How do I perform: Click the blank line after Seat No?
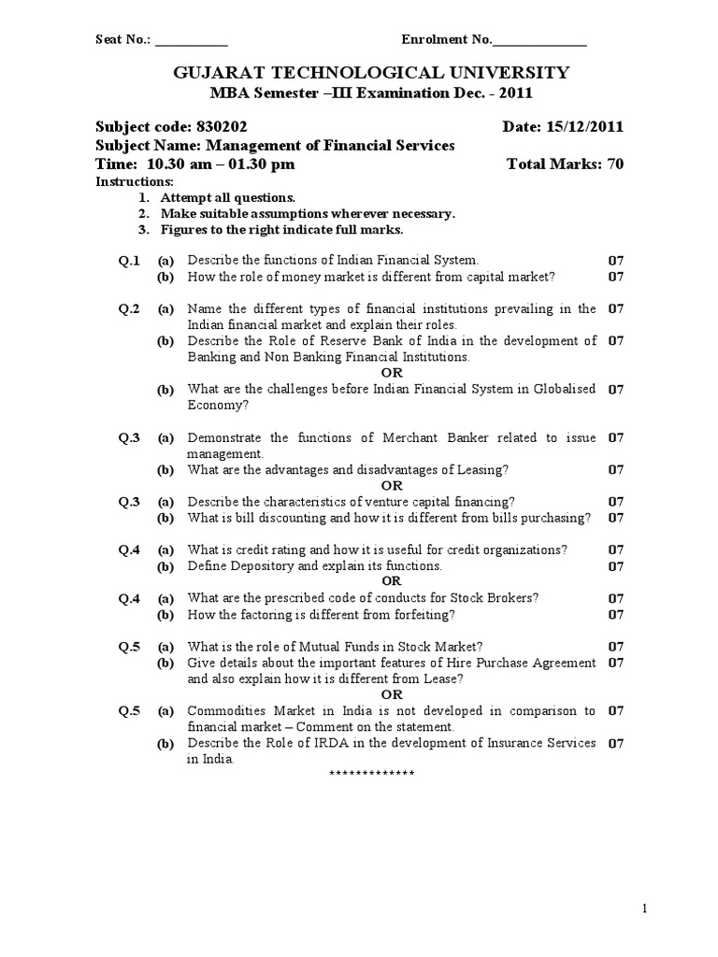[191, 40]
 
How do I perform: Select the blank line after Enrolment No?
[539, 40]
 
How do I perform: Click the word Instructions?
[135, 181]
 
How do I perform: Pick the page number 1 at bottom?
[644, 907]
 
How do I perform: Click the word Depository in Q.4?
[254, 566]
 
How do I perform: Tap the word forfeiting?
[422, 614]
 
